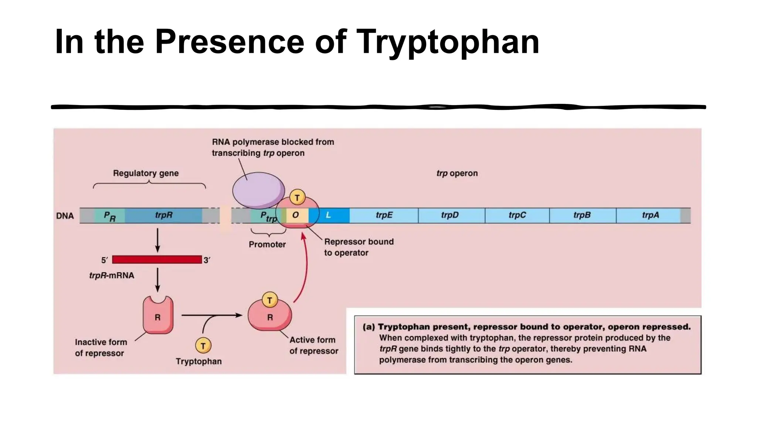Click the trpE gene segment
(384, 215)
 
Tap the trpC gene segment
(517, 215)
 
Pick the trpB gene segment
(582, 215)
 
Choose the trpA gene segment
(649, 215)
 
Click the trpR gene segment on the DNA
(163, 215)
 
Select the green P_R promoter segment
(109, 216)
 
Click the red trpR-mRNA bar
(157, 260)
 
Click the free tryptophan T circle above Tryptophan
(203, 346)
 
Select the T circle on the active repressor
(269, 300)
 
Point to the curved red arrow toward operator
(306, 266)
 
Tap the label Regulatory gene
(146, 173)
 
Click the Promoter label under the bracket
(267, 244)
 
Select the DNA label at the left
(65, 216)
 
